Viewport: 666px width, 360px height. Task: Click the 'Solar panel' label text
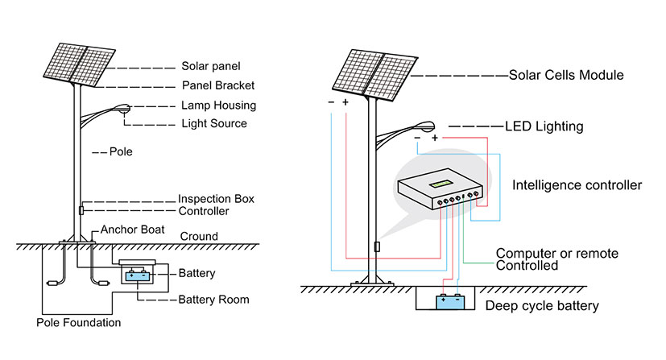(x=211, y=66)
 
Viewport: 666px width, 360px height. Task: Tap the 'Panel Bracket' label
(x=218, y=85)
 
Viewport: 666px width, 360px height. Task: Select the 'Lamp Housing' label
(x=219, y=106)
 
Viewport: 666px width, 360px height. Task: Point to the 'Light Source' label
(x=214, y=123)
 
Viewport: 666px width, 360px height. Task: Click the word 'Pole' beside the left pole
(x=121, y=151)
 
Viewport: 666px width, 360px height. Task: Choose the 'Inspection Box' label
(x=216, y=199)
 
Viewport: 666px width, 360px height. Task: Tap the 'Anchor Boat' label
(x=133, y=230)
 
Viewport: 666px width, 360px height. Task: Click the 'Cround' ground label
(x=199, y=237)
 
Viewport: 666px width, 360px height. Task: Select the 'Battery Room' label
(x=213, y=300)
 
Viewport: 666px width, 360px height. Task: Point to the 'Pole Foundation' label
(x=79, y=323)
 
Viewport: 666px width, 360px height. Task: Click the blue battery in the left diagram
(x=138, y=276)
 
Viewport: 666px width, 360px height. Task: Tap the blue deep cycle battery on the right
(x=450, y=301)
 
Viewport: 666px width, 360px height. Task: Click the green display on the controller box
(x=441, y=184)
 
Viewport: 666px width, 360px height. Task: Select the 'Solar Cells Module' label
(x=566, y=75)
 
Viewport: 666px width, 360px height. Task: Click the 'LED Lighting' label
(x=544, y=126)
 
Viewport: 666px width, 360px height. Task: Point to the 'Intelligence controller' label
(x=577, y=185)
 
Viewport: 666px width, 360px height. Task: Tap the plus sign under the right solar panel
(x=345, y=102)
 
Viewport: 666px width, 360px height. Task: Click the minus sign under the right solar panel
(x=331, y=102)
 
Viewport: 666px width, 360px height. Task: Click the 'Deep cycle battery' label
(x=542, y=306)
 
